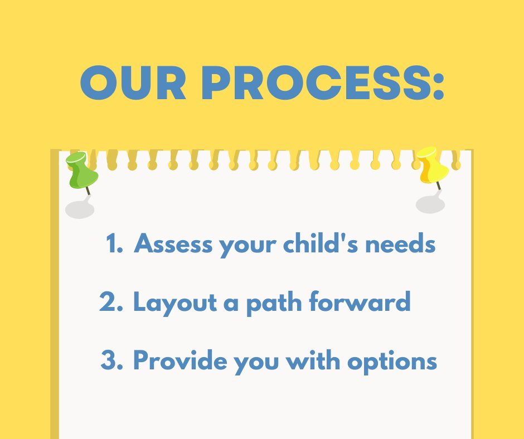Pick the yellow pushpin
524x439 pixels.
(x=432, y=165)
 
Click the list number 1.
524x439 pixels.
(x=114, y=245)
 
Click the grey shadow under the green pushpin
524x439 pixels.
(x=80, y=209)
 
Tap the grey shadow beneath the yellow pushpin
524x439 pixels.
(x=430, y=204)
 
